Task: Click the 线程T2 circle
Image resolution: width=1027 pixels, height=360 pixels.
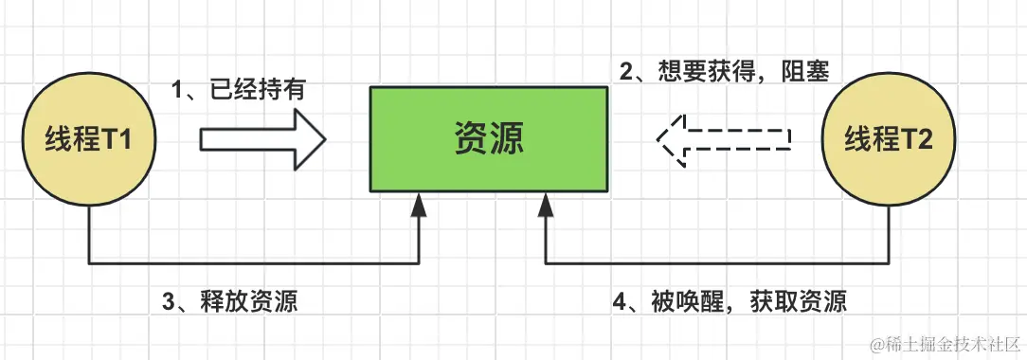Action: click(x=889, y=139)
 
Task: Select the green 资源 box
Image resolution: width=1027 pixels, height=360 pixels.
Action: click(x=488, y=139)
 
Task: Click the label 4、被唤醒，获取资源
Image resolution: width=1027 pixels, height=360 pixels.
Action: click(x=730, y=302)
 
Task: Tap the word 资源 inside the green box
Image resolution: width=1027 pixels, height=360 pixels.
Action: click(x=488, y=139)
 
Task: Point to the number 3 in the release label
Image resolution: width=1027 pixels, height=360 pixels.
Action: click(x=168, y=302)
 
